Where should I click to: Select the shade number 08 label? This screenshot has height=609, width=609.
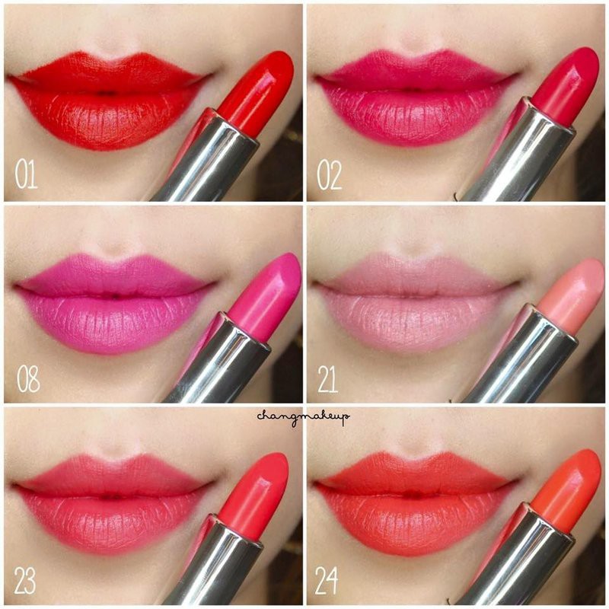coord(28,378)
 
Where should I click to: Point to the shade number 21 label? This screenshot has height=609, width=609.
coord(328,378)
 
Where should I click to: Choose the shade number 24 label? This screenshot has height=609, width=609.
coord(328,581)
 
